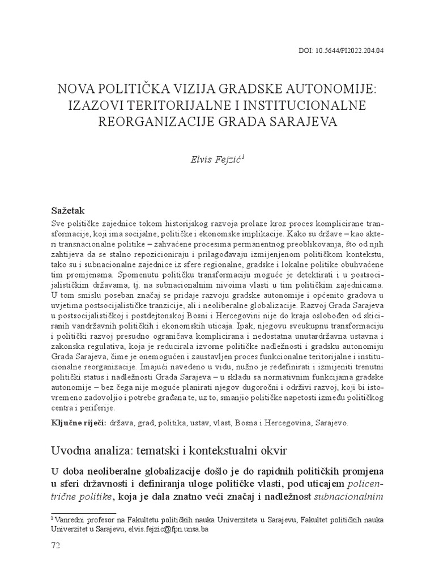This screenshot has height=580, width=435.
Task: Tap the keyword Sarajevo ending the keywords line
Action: [332, 423]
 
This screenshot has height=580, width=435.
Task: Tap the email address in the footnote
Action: [170, 527]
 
